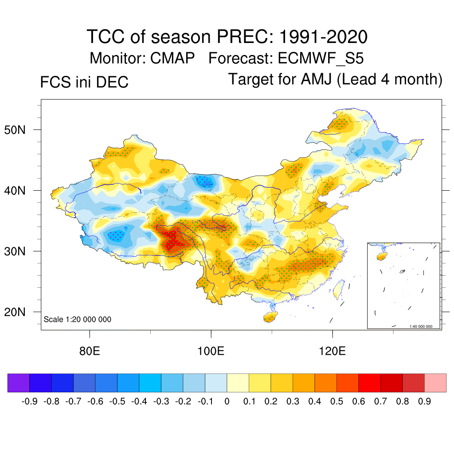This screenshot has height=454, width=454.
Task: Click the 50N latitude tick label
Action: pos(20,130)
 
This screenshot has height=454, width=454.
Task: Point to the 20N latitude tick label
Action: pos(20,312)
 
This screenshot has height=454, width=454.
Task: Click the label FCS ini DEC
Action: pos(84,82)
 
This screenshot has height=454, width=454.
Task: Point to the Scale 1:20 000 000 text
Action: pos(78,319)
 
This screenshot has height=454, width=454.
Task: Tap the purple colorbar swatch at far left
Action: pos(19,383)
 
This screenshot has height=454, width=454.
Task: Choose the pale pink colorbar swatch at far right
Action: pos(435,383)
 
